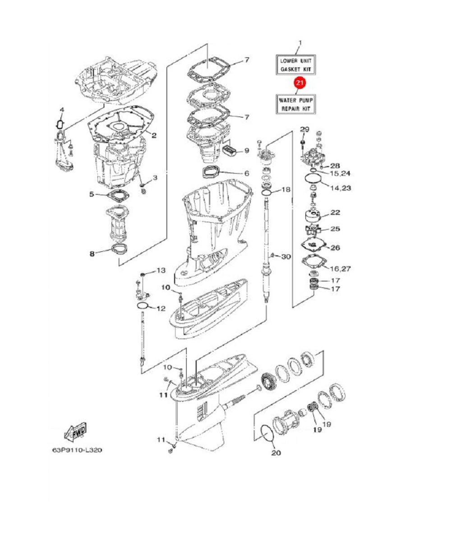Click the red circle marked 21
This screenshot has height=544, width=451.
point(300,83)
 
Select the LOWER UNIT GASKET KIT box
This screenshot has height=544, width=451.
point(296,65)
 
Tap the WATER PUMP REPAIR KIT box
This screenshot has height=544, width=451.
point(296,104)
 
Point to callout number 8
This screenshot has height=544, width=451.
point(92,254)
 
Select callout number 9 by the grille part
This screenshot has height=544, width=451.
point(247,151)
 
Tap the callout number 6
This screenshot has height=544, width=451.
point(247,174)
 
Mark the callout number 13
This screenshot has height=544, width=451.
point(161,270)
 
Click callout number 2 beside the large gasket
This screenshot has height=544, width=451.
point(154,135)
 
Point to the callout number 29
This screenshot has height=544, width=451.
point(304,129)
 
